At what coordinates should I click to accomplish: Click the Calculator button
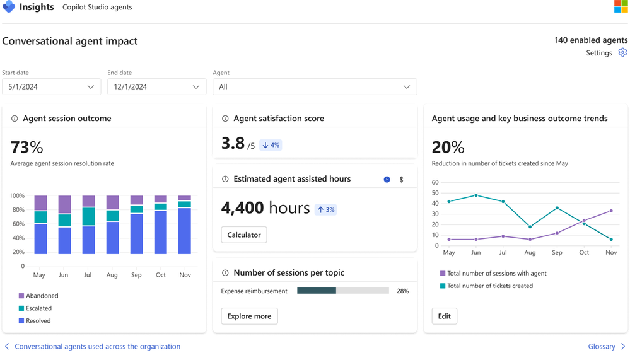coord(244,235)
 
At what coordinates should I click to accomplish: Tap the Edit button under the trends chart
coord(445,316)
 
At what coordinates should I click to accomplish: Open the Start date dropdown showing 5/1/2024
coord(51,87)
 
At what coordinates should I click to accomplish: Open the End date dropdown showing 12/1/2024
coord(156,87)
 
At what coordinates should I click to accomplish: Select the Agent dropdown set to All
coord(315,87)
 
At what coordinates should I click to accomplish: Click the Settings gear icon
coord(622,53)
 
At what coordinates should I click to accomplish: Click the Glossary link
coord(602,347)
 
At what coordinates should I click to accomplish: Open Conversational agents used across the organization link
coord(97,347)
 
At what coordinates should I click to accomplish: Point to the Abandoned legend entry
coord(42,296)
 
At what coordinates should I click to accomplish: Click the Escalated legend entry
coord(39,308)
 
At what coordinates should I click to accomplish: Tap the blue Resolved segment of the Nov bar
coord(184,231)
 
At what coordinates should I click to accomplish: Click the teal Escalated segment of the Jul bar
coord(88,216)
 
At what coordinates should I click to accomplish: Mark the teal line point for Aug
coord(530,227)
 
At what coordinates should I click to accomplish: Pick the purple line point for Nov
coord(611,211)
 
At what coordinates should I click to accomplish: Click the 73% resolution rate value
coord(27,148)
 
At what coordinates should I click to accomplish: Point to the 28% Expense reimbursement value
coord(402,291)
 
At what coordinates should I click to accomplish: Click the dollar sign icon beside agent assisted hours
coord(401,180)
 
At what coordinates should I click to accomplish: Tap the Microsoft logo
coord(621,7)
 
